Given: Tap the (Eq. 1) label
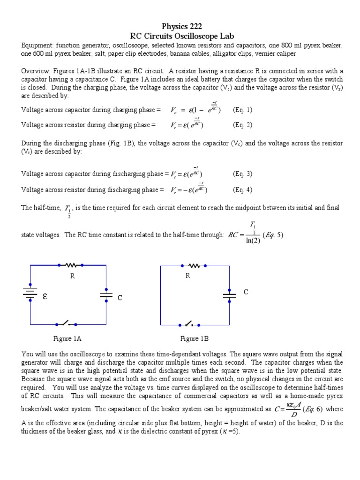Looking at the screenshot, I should (x=242, y=110).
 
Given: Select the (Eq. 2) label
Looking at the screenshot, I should (x=242, y=125).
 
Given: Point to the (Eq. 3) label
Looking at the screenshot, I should (x=242, y=174).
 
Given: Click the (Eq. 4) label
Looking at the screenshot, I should (x=242, y=189).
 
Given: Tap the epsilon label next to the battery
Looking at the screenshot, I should (x=46, y=296).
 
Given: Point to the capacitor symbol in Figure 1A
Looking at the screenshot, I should (x=106, y=295).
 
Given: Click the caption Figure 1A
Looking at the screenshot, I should (x=68, y=338).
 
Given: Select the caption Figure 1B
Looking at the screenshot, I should (x=195, y=338).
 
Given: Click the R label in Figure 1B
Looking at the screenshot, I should (x=187, y=276).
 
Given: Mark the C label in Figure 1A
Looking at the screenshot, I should (x=120, y=298).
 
